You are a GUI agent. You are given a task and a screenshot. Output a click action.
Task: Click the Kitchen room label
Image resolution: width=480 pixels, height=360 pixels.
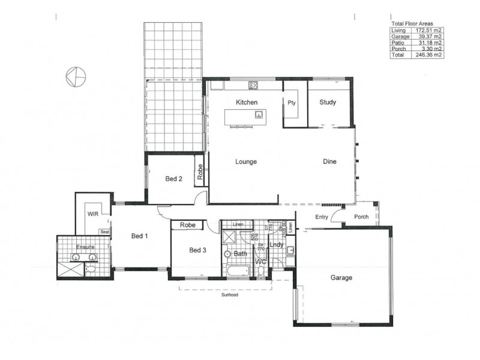coord(247,103)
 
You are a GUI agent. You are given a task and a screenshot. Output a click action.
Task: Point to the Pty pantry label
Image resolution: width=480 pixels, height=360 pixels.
coord(292,103)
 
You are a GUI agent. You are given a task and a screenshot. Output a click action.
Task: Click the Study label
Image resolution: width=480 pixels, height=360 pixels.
coord(328,102)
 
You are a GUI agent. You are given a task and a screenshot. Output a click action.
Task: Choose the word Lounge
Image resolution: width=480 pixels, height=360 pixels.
coord(246,161)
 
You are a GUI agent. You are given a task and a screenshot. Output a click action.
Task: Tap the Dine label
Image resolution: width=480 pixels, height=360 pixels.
coord(329,161)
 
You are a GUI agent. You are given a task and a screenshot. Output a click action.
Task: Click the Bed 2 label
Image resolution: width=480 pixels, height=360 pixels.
coord(174,179)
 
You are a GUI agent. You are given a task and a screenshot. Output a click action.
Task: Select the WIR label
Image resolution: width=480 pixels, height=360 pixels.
coord(93,213)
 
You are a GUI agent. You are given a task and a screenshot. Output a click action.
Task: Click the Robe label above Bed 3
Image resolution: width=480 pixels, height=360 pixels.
coord(188,226)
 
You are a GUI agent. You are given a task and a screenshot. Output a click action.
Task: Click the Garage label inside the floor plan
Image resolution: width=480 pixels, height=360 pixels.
coord(341,278)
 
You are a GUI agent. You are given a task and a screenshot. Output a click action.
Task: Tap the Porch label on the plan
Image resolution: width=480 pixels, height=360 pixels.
coord(361,217)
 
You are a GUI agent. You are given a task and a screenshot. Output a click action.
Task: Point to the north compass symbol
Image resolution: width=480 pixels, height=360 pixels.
coord(76,76)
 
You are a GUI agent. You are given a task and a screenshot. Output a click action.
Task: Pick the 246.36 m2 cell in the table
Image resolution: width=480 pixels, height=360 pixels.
coord(429,55)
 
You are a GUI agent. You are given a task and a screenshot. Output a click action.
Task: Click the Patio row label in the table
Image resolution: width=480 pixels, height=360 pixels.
coord(397,43)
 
